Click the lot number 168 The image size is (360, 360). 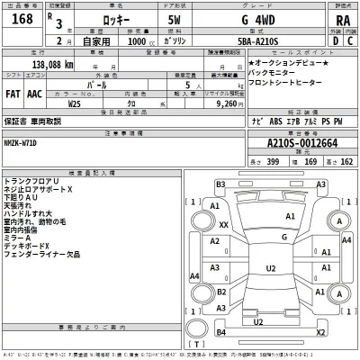[x=20, y=21]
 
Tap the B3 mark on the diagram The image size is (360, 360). [x=220, y=184]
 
